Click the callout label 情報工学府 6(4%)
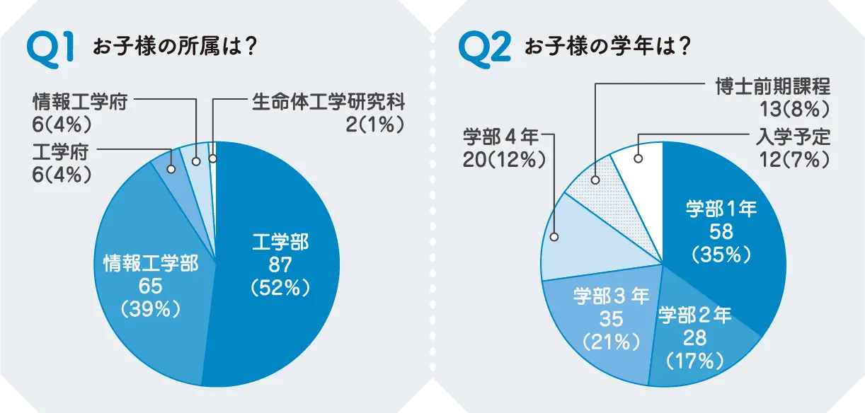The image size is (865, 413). click(79, 112)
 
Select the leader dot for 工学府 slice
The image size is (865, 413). click(171, 170)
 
